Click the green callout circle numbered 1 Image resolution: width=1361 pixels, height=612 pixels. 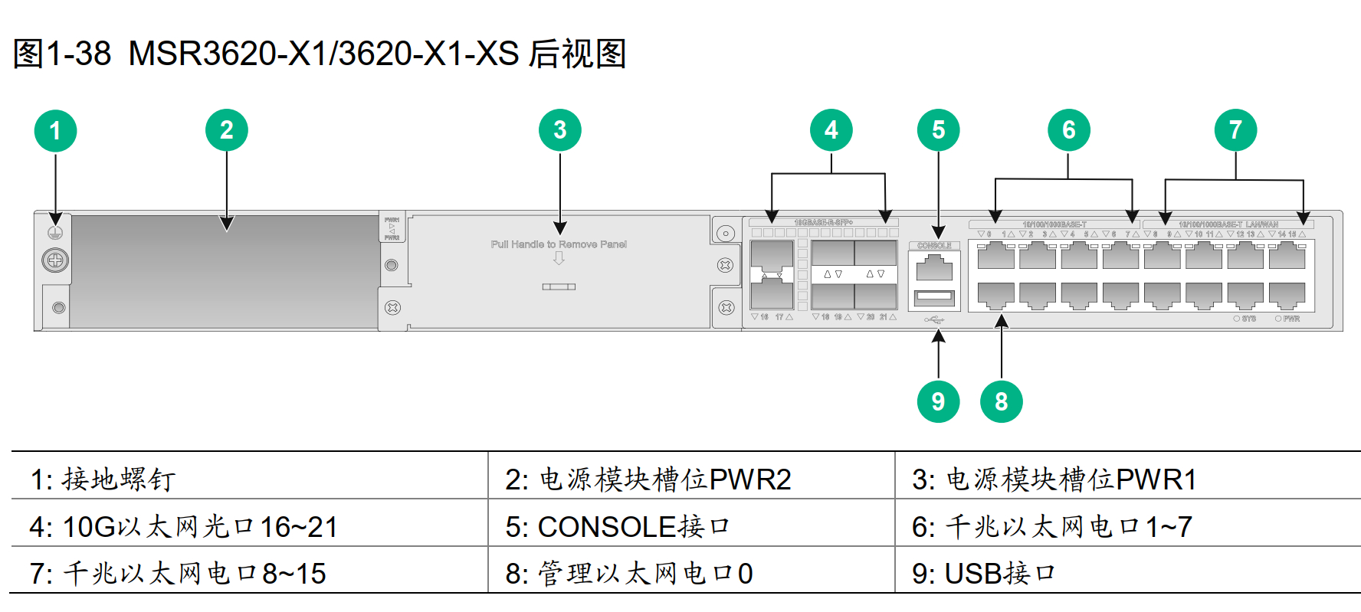coord(55,131)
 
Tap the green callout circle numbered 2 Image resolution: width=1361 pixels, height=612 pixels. coord(226,131)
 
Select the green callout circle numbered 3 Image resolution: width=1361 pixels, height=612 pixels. coord(559,131)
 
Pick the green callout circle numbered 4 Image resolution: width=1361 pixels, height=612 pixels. coord(831,131)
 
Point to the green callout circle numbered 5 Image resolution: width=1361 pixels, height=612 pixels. coord(938,131)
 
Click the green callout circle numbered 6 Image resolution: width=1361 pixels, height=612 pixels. coord(1068,131)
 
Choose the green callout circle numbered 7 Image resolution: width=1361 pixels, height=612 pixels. coord(1235,131)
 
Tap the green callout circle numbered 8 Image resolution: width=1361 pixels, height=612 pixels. coord(1001,401)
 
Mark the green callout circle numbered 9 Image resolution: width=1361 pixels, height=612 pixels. coord(938,401)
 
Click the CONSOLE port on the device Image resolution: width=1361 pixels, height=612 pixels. coord(934,267)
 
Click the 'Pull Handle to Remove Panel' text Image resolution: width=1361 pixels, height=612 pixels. coord(559,244)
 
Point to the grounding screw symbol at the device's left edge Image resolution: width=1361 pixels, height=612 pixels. coord(55,232)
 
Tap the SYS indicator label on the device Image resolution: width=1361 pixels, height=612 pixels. coord(1248,319)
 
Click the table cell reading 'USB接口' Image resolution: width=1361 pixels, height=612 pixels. coord(984,573)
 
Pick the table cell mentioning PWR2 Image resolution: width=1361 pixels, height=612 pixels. coord(648,479)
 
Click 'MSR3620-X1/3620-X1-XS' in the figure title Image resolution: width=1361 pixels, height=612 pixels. coord(323,54)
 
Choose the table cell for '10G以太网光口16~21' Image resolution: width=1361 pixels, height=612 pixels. coord(184,526)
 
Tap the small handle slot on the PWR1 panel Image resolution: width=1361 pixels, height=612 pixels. coord(559,286)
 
